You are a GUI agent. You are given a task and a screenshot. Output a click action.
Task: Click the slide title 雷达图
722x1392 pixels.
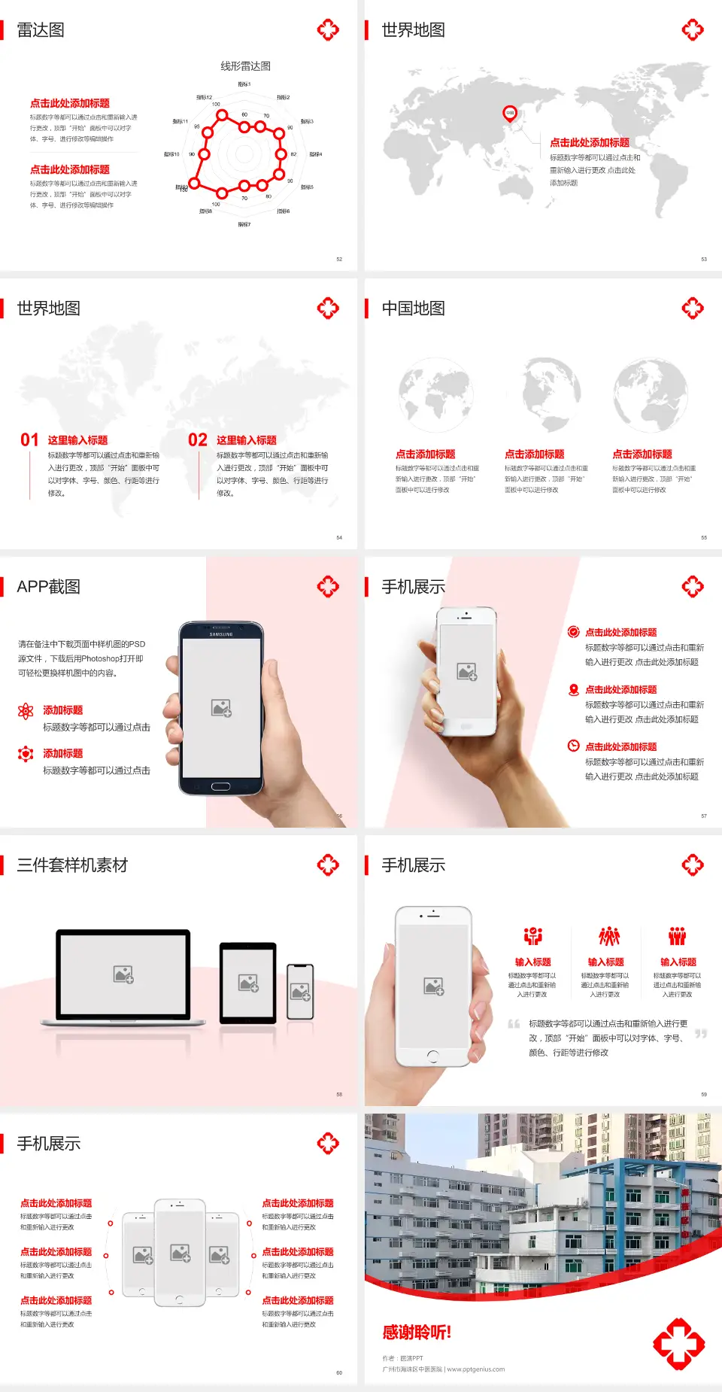click(41, 30)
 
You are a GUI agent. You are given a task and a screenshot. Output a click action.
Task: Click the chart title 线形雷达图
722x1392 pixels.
click(245, 66)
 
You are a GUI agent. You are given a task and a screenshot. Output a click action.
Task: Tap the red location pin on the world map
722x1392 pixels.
click(509, 114)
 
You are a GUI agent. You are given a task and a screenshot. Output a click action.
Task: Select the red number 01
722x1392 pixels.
click(29, 440)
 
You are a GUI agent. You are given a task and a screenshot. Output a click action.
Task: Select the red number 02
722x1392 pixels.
click(198, 440)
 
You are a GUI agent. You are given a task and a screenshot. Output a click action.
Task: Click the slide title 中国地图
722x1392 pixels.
click(413, 308)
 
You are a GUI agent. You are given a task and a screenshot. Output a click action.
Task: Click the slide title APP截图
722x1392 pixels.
click(48, 587)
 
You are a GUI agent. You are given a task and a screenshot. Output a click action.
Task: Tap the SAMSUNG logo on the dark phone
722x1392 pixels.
click(221, 634)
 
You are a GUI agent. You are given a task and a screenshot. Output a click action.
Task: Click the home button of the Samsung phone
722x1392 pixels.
click(220, 786)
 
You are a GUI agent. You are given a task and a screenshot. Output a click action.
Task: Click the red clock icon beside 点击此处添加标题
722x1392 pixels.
click(573, 746)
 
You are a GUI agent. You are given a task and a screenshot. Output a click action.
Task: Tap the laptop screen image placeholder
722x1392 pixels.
click(123, 974)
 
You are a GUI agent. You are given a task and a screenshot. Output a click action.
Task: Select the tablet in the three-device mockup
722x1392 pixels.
click(247, 982)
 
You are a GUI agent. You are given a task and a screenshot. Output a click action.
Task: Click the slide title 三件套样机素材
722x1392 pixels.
click(72, 865)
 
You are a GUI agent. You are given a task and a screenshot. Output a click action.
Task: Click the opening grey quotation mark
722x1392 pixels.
click(514, 1023)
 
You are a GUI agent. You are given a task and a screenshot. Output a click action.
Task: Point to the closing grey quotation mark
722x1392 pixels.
click(701, 1034)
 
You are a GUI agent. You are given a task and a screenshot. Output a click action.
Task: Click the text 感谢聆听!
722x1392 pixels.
click(417, 1333)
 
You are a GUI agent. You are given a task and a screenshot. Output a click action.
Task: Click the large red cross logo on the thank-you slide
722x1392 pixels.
click(678, 1343)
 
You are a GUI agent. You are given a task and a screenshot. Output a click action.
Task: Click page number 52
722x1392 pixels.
click(339, 259)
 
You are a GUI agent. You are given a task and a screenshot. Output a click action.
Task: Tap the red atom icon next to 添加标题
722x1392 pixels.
click(26, 711)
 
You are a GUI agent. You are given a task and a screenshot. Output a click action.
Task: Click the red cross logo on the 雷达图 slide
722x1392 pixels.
click(328, 30)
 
